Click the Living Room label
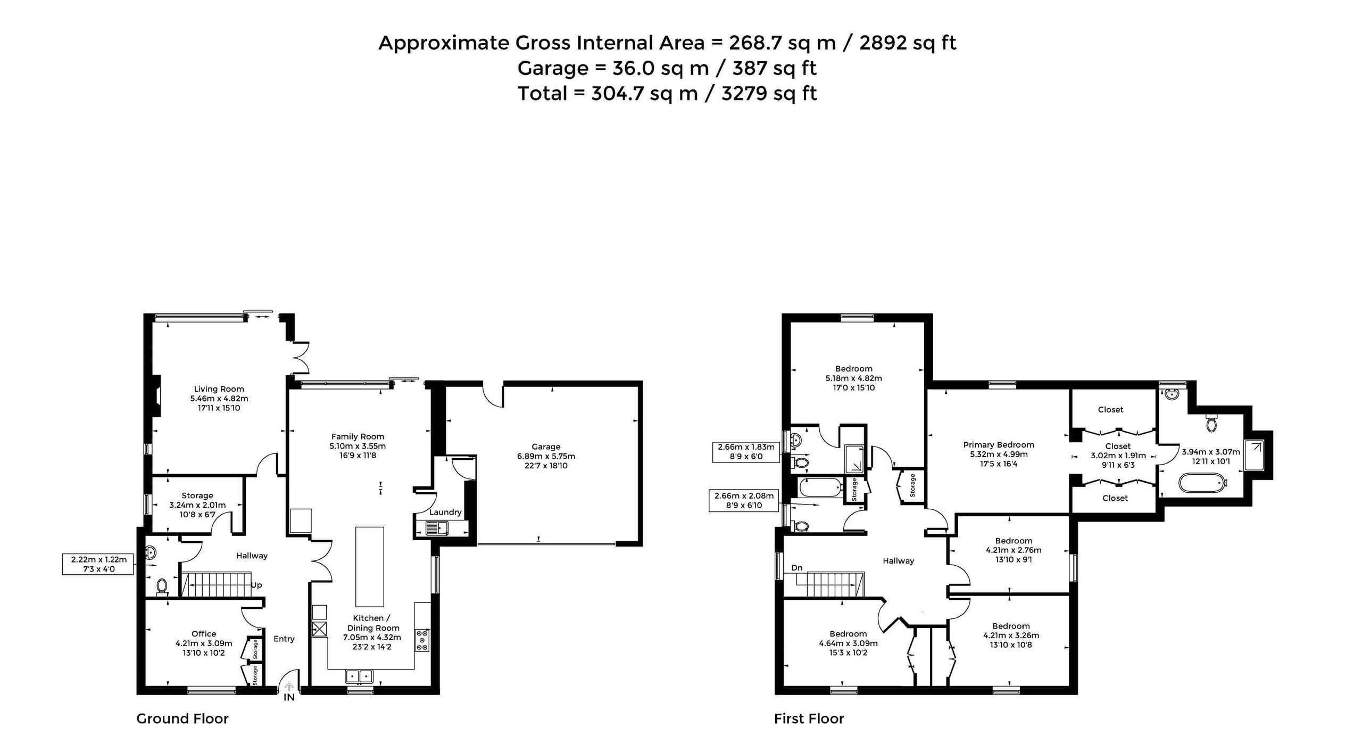pos(219,389)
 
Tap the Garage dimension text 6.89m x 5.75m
pos(546,456)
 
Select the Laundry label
pos(445,513)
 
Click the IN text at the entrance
pos(289,697)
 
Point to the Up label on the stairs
pos(256,585)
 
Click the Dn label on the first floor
pos(796,568)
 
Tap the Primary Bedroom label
pos(999,445)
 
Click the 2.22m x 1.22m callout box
pos(98,564)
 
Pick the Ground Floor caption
pos(182,719)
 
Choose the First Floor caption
pos(809,719)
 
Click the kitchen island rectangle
pos(369,567)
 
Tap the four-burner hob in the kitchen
pos(422,641)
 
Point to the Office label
pos(204,634)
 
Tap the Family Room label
pos(358,437)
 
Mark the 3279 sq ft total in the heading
pos(769,94)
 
